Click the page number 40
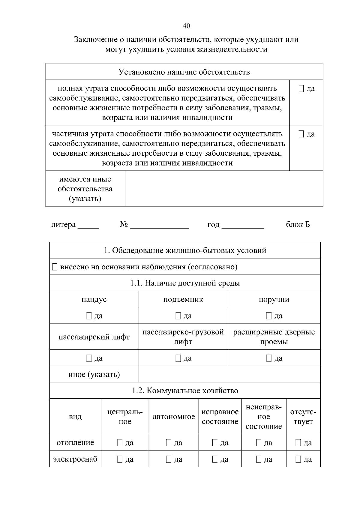tap(186, 26)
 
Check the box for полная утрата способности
tap(301, 88)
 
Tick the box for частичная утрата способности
tap(301, 134)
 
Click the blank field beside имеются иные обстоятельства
tap(223, 188)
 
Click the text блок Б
tap(298, 224)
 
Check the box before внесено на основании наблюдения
tap(55, 267)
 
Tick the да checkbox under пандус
tap(89, 316)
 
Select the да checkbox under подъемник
tap(178, 316)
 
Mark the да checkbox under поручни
tap(269, 316)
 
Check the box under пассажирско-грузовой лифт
tap(178, 358)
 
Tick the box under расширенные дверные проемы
tap(269, 358)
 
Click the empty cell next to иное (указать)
tap(229, 374)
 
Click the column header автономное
tap(174, 417)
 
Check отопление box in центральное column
tap(120, 443)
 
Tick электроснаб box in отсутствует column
tap(298, 459)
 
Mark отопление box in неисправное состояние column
tap(259, 443)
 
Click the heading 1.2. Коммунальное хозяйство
tap(185, 391)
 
